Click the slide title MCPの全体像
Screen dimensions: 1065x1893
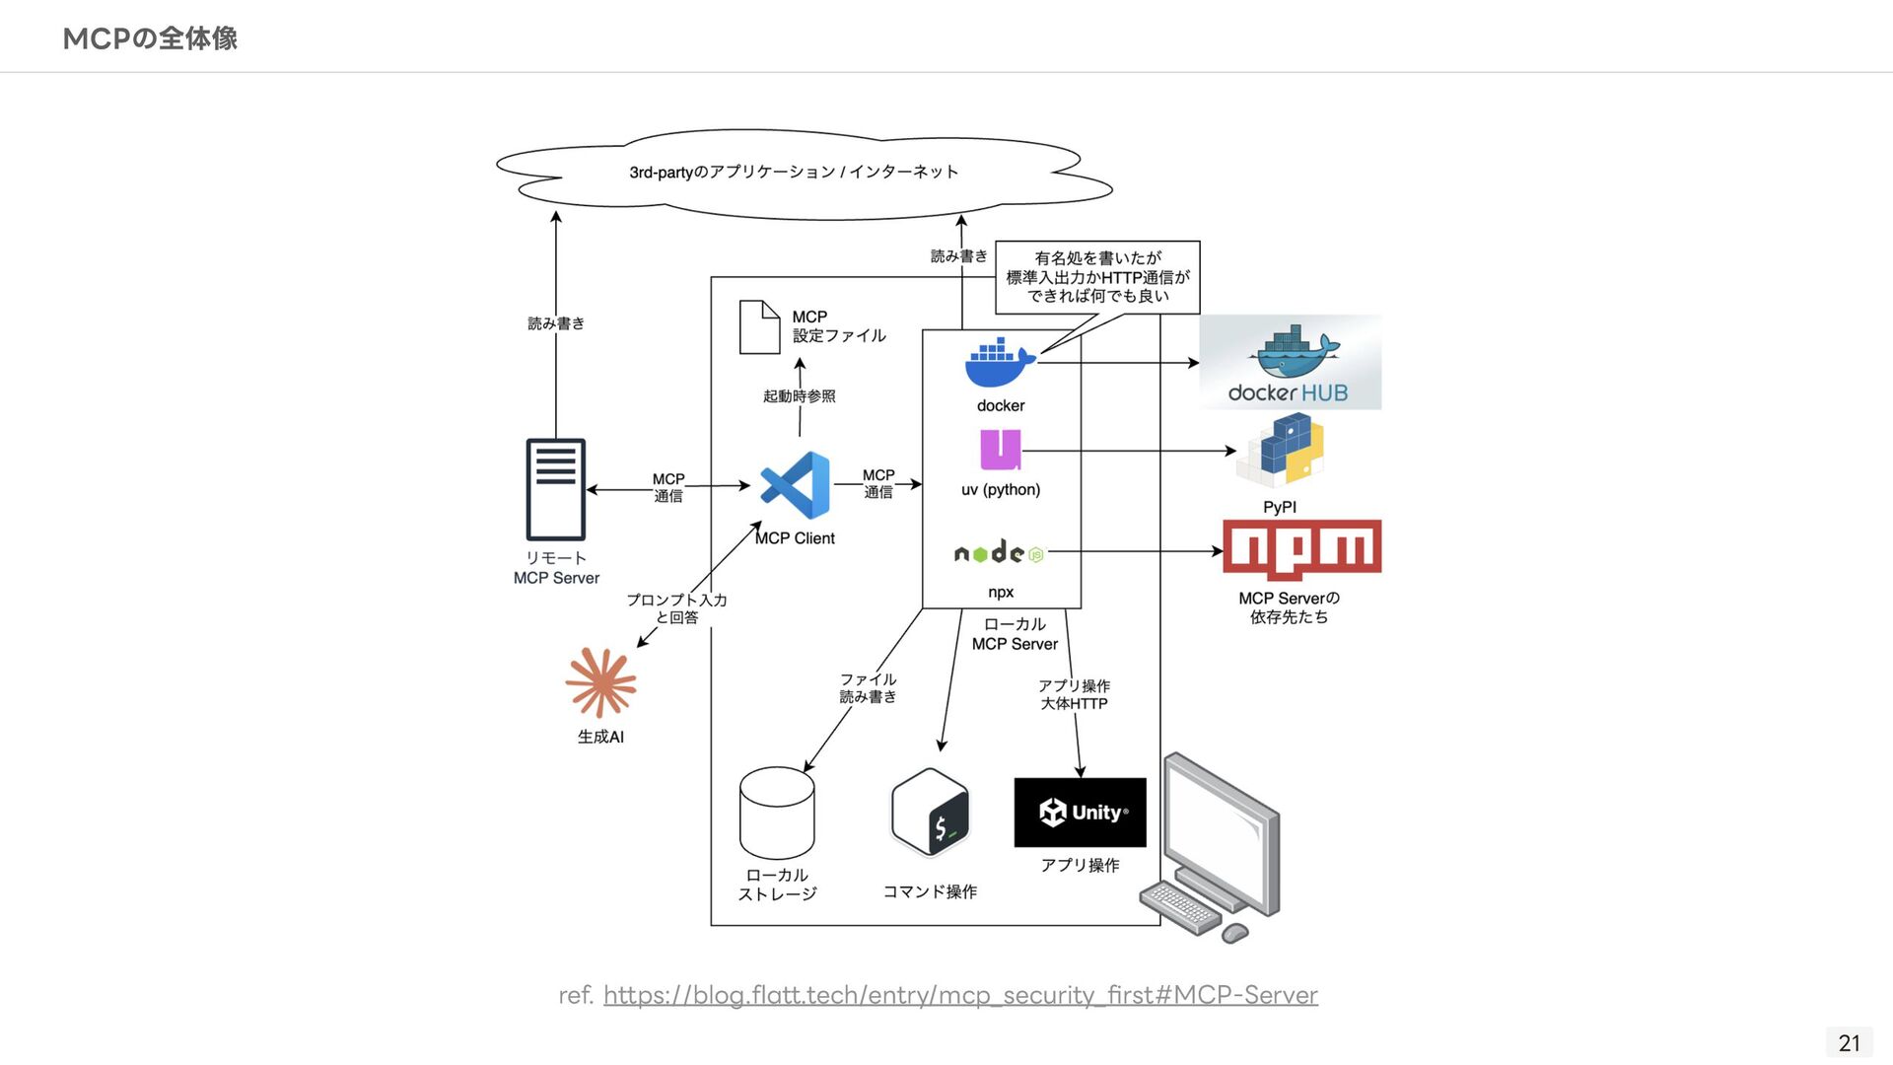pyautogui.click(x=150, y=38)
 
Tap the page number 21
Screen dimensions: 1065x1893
pyautogui.click(x=1849, y=1042)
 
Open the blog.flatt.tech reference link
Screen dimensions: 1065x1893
pyautogui.click(x=959, y=995)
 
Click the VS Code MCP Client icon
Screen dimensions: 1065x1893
pyautogui.click(x=796, y=485)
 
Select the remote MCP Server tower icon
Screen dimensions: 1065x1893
pyautogui.click(x=556, y=489)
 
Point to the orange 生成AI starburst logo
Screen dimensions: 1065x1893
pyautogui.click(x=600, y=682)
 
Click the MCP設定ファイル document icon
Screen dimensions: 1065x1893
pyautogui.click(x=759, y=327)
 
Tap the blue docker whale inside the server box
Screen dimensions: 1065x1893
pyautogui.click(x=1000, y=364)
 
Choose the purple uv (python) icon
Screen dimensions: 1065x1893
pyautogui.click(x=1000, y=450)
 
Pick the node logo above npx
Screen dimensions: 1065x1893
pyautogui.click(x=999, y=553)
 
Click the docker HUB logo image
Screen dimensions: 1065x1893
pyautogui.click(x=1290, y=362)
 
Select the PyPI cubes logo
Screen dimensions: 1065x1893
pyautogui.click(x=1281, y=451)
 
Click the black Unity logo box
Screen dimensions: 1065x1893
pyautogui.click(x=1080, y=813)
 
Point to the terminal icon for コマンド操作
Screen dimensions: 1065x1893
pyautogui.click(x=931, y=813)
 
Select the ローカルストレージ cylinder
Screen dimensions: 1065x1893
pyautogui.click(x=777, y=814)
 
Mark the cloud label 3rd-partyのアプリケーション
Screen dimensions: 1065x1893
pyautogui.click(x=794, y=173)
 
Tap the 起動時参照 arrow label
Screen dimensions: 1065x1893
pyautogui.click(x=799, y=396)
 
